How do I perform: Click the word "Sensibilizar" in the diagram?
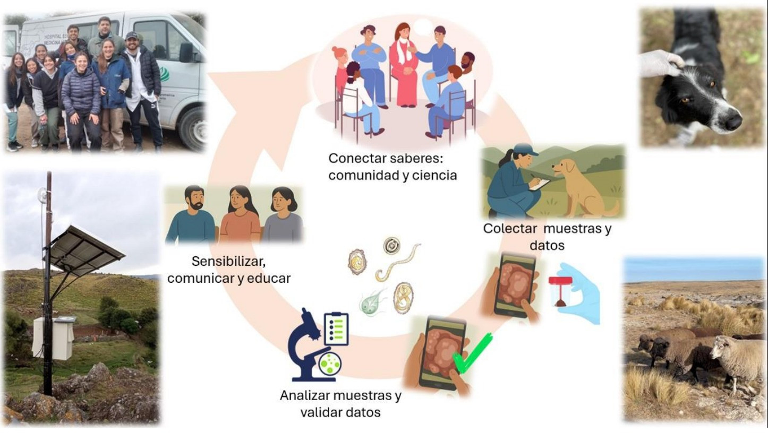click(x=228, y=262)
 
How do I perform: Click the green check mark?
click(x=473, y=353)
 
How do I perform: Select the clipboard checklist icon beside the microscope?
click(x=336, y=328)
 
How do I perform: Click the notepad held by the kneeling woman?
click(x=539, y=185)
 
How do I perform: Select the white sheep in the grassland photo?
click(x=737, y=360)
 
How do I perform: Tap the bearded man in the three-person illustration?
click(x=191, y=214)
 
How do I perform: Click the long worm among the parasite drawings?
click(x=398, y=263)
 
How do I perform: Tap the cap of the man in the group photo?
click(x=131, y=35)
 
